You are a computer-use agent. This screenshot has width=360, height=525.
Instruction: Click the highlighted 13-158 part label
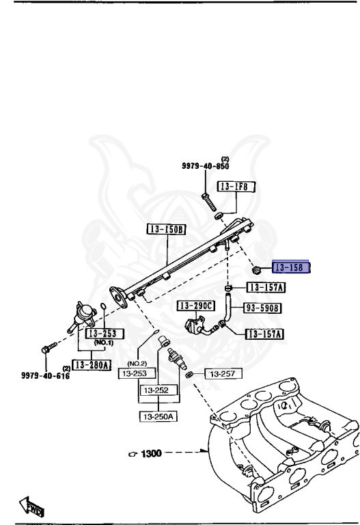292,268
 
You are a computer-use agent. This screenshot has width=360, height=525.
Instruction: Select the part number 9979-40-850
206,166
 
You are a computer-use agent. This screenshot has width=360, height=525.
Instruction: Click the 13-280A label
92,366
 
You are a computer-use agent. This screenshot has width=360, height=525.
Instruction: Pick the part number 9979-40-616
28,375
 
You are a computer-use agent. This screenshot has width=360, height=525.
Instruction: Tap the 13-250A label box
158,416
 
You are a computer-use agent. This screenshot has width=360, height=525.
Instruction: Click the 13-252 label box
158,390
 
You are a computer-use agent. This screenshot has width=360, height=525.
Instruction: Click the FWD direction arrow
31,507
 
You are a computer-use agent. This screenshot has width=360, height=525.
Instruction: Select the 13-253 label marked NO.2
137,373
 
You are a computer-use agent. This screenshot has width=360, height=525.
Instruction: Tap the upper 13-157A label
266,288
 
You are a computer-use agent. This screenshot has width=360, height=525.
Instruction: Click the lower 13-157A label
265,334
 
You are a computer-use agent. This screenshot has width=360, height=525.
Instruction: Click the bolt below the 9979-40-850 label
208,202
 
